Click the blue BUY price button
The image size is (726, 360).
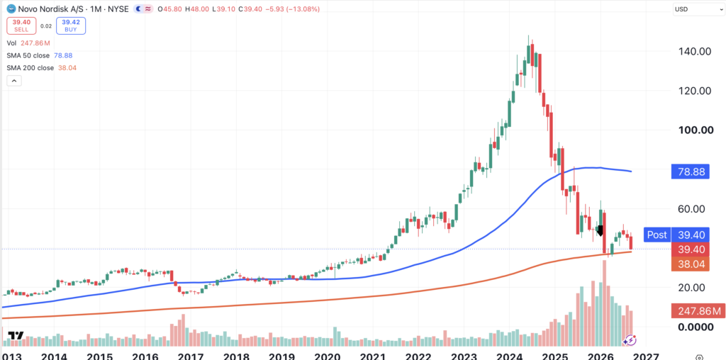click(x=71, y=26)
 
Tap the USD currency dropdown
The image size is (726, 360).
click(x=697, y=9)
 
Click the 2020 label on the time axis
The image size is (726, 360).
click(x=328, y=356)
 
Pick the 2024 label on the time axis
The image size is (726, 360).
click(x=510, y=356)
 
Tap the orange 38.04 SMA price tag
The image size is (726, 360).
click(x=690, y=264)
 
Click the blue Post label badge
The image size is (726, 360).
click(x=657, y=235)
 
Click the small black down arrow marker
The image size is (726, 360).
click(x=601, y=231)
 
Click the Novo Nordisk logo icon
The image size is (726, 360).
click(x=10, y=9)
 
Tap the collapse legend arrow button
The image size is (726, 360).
click(x=14, y=81)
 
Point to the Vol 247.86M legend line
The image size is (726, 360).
click(x=28, y=43)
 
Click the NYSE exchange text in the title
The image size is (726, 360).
click(x=118, y=9)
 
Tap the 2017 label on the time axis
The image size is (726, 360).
click(x=191, y=356)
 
